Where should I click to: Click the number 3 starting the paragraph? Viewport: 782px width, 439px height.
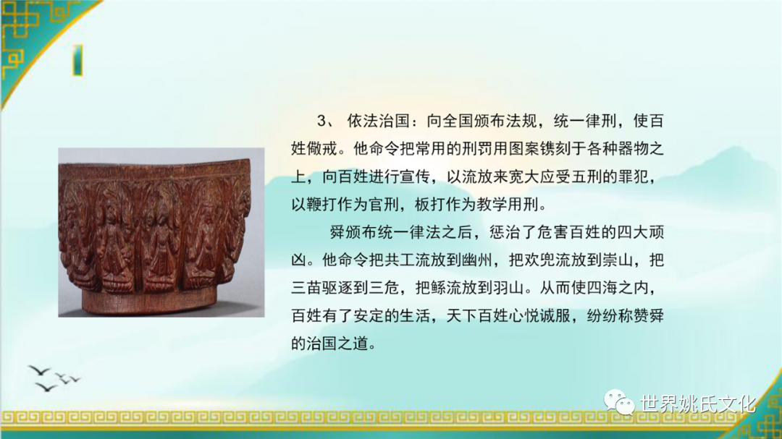322,121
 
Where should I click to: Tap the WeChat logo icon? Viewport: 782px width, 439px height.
619,402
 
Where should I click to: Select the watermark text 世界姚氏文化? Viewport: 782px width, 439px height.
698,404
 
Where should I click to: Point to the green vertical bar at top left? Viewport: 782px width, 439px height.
77,60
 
